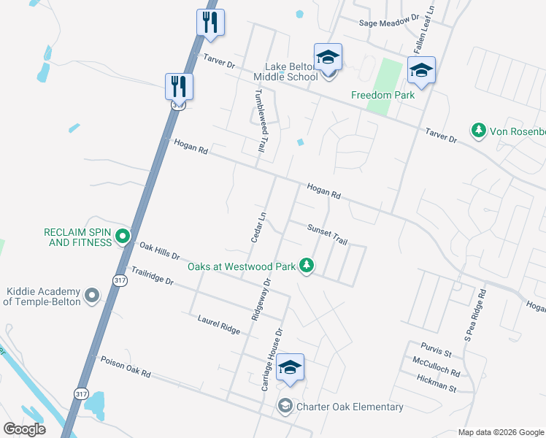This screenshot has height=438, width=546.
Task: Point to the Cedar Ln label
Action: point(256,226)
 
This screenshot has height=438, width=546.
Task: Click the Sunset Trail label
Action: point(326,234)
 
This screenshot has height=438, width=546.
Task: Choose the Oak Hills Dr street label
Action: point(159,252)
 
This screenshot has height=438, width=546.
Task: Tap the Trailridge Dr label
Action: point(153,276)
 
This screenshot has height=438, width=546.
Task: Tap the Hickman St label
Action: point(437,380)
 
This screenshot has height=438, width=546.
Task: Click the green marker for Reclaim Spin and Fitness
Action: point(123,236)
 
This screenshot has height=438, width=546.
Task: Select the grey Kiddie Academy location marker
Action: point(92,295)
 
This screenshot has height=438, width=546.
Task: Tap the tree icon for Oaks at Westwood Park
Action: point(308,266)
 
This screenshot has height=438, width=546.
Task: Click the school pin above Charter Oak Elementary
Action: point(290,368)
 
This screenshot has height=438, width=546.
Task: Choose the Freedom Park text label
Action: point(382,95)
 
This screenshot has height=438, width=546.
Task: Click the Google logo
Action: point(24,429)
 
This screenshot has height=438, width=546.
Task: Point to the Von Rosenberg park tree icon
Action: point(479,131)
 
